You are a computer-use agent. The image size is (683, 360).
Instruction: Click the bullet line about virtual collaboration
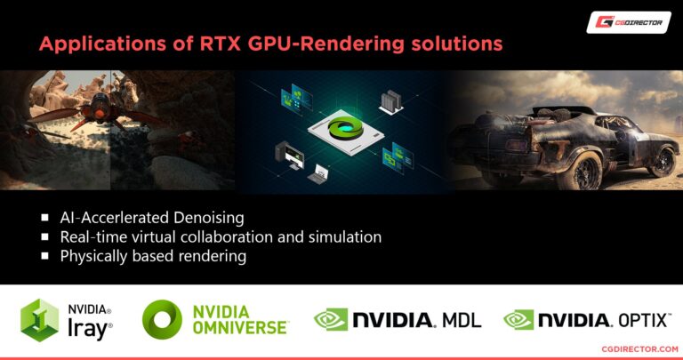[221, 237]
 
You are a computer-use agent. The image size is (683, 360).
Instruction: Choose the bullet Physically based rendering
[152, 256]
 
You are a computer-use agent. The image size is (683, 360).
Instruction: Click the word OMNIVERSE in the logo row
[240, 329]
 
